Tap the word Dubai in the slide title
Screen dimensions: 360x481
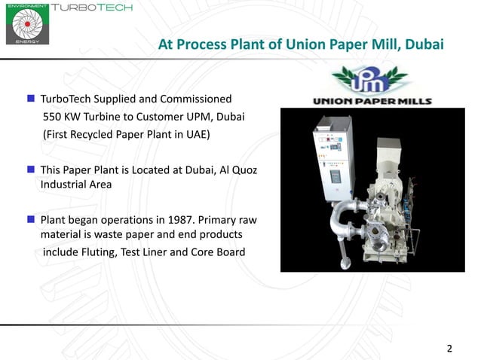pos(424,44)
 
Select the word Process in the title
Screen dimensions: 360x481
pos(205,44)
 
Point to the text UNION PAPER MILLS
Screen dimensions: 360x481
pos(372,100)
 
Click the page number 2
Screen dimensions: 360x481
pos(450,348)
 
